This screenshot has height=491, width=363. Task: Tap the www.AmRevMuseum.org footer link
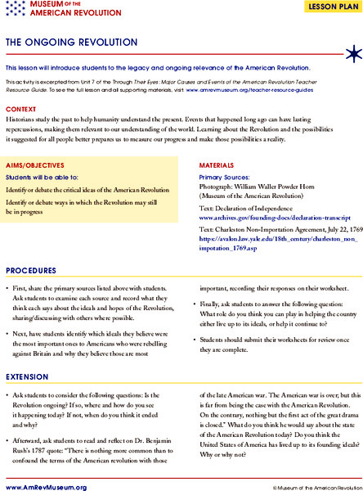point(45,485)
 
